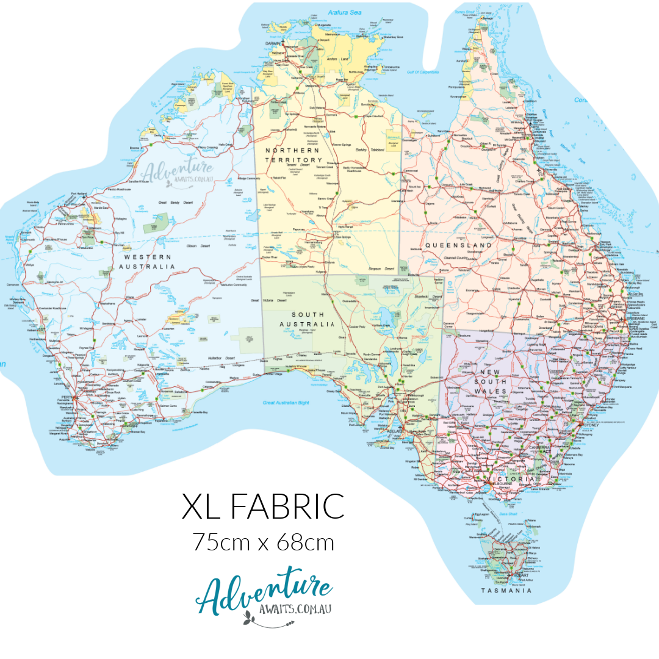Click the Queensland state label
tap(459, 245)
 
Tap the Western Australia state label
tap(146, 262)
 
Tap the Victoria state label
tap(516, 480)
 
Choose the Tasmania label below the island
tap(506, 591)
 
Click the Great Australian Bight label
tap(286, 403)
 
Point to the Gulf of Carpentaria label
tap(423, 72)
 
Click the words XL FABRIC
tap(263, 507)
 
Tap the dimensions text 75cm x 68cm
tap(264, 542)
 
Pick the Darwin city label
tap(275, 44)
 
